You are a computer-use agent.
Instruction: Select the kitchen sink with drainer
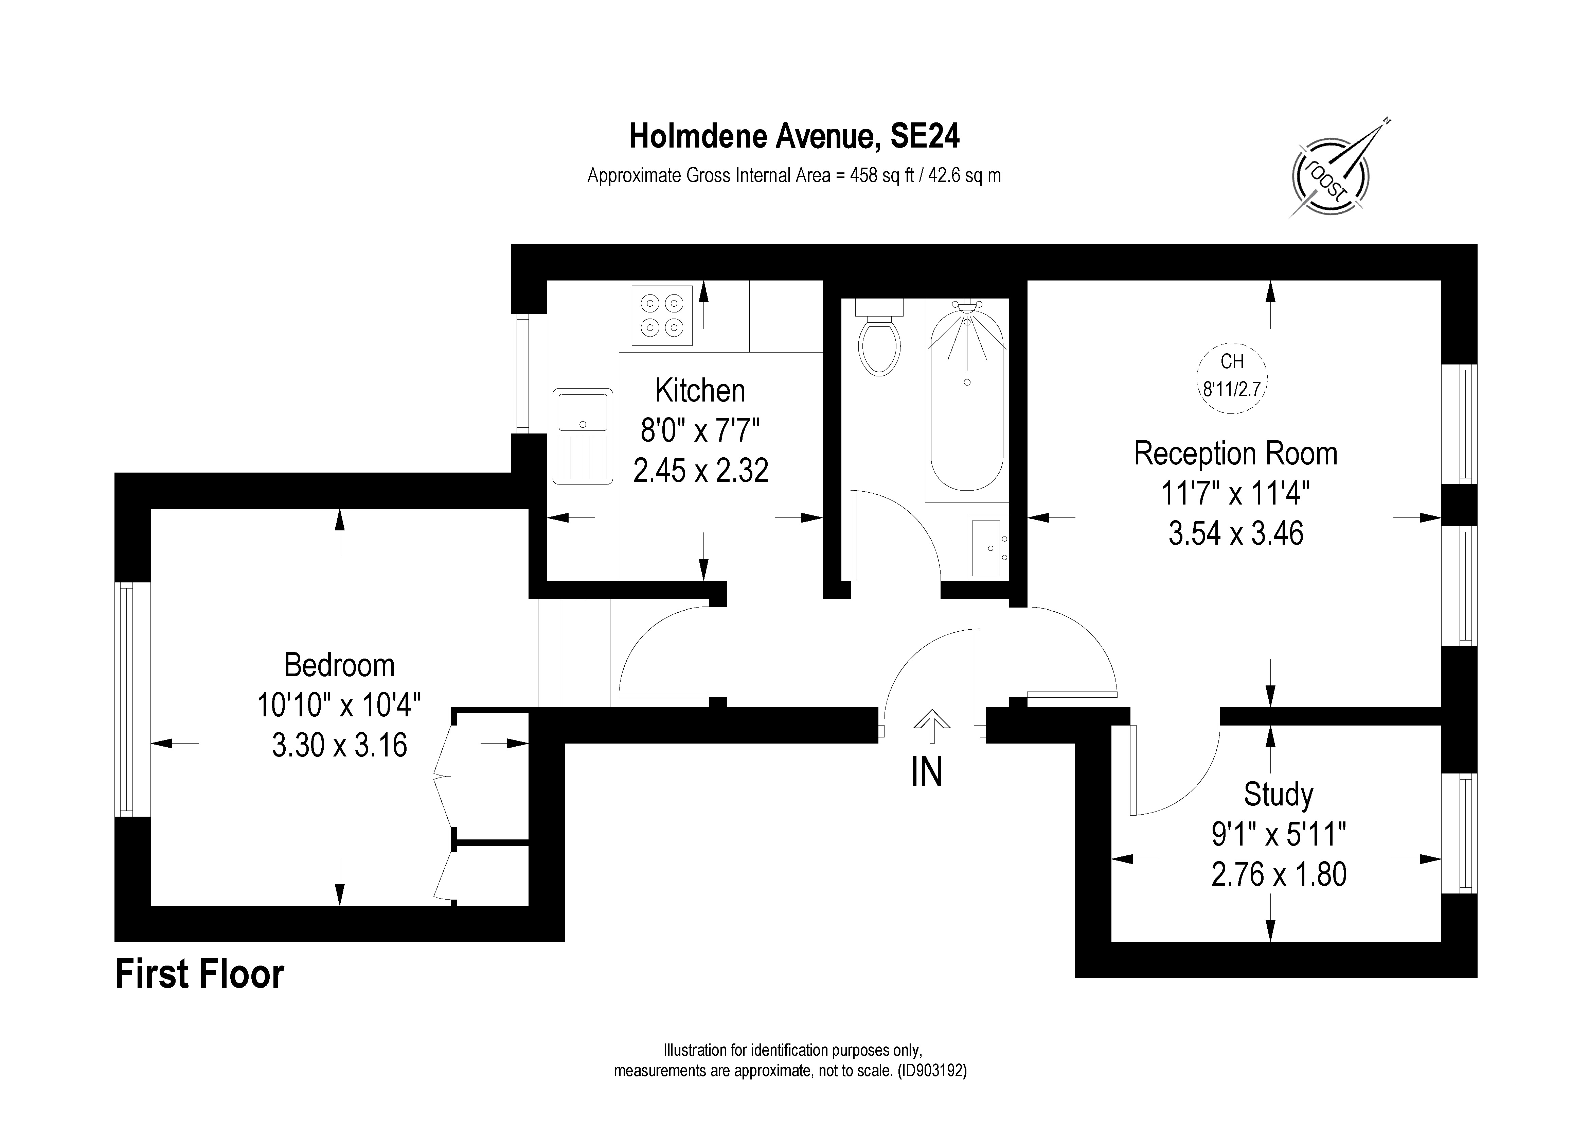583,436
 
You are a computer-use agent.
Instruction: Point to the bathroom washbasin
987,546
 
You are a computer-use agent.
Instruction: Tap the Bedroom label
339,666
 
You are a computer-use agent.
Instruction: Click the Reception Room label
1235,454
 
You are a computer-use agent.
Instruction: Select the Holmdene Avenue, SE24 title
794,136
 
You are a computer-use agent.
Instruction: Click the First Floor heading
199,974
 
